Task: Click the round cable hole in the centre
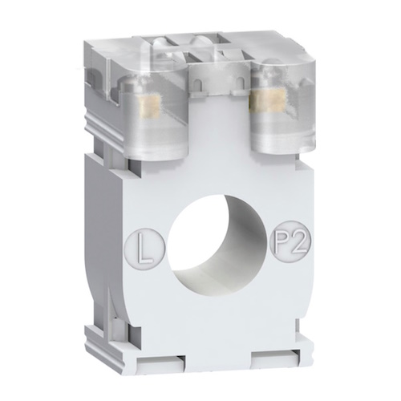[x=217, y=241]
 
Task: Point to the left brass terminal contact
[x=150, y=106]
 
